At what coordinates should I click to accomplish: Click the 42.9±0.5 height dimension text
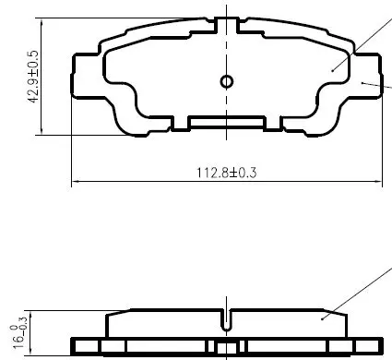[33, 77]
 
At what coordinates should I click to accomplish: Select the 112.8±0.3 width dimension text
[226, 173]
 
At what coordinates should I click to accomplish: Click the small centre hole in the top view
[227, 82]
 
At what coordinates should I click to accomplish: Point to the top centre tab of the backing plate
[227, 25]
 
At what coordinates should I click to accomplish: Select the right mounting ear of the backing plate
[366, 76]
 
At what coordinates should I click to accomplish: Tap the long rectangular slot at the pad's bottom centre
[227, 123]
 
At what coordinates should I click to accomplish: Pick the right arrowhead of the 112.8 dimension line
[378, 182]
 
